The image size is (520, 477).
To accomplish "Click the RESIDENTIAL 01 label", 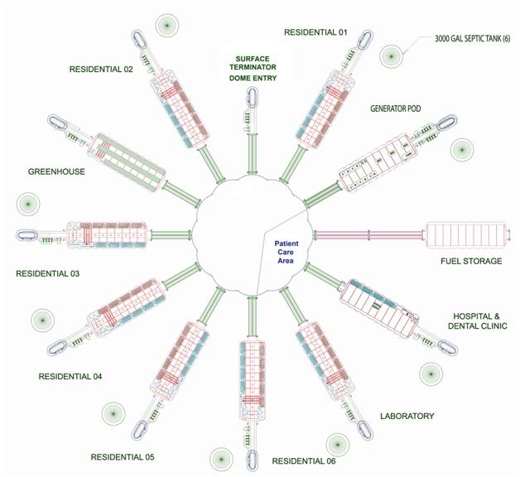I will [315, 32].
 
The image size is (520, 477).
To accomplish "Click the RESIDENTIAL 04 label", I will [70, 377].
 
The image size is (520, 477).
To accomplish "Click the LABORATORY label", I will [407, 416].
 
